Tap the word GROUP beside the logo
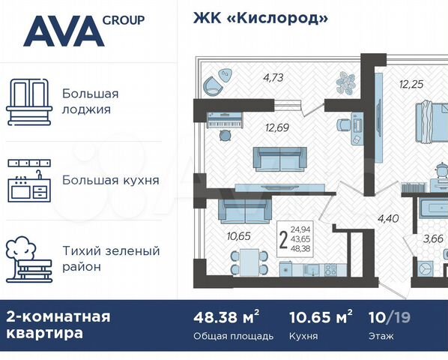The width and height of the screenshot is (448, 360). click(x=124, y=20)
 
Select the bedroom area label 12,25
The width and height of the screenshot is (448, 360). click(x=411, y=84)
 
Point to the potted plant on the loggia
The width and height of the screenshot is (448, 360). click(x=346, y=80)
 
